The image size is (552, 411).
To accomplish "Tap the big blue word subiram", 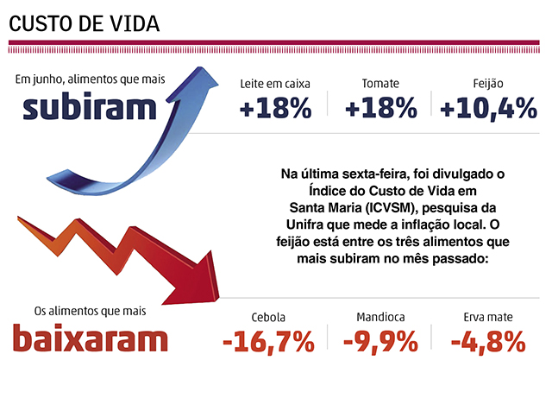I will click(x=91, y=108).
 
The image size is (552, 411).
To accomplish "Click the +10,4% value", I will click(x=488, y=110).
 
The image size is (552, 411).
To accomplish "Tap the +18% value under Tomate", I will click(x=380, y=110).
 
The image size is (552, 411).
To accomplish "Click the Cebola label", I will click(x=267, y=317).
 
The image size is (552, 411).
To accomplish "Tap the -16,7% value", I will click(x=267, y=343).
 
